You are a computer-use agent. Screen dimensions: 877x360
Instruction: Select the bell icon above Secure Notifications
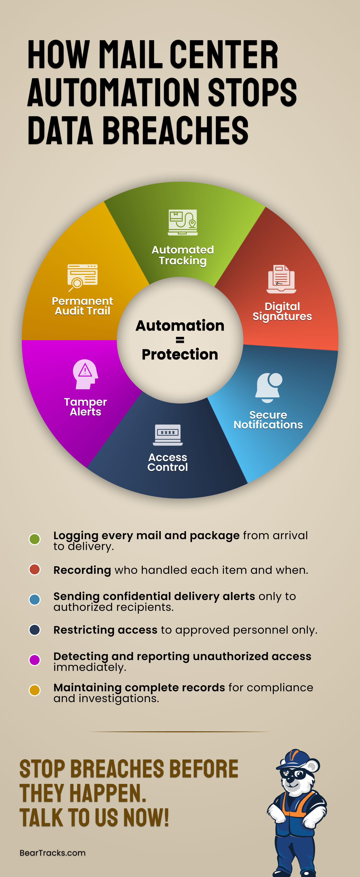click(x=269, y=387)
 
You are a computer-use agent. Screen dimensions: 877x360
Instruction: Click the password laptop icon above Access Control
click(x=168, y=435)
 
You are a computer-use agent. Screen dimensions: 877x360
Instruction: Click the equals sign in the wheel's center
click(x=180, y=340)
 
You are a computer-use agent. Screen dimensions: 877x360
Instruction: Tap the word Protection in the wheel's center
click(x=180, y=354)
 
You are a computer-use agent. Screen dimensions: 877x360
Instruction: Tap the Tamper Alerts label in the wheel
click(x=85, y=407)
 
